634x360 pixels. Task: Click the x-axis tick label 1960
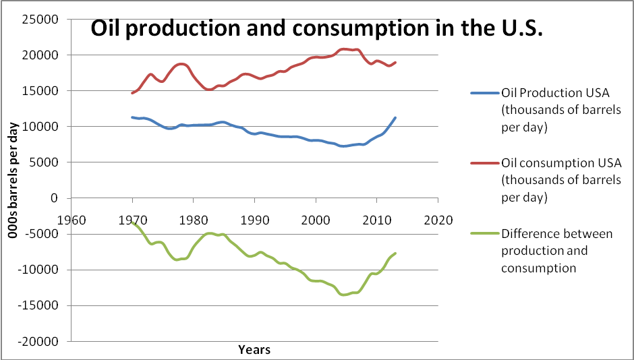point(72,220)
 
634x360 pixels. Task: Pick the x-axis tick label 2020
point(438,220)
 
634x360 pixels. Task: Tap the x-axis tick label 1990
point(255,220)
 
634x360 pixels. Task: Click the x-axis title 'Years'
point(254,349)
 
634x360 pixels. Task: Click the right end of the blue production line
point(395,118)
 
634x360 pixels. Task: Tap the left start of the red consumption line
point(133,93)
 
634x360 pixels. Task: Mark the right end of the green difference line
point(395,253)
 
